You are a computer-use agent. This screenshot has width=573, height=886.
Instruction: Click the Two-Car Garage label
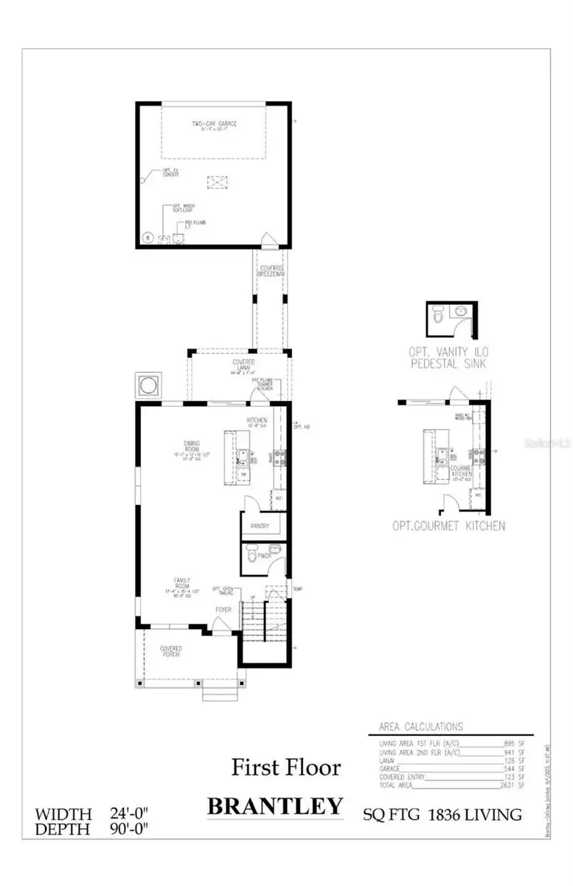[215, 124]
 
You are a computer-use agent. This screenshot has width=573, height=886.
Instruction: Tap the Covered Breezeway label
[271, 271]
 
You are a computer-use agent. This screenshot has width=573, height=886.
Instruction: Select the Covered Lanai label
[243, 363]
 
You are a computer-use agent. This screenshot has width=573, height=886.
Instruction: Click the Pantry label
[259, 526]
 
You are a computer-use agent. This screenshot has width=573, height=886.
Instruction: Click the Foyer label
[223, 610]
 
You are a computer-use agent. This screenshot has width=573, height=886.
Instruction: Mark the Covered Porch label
[171, 651]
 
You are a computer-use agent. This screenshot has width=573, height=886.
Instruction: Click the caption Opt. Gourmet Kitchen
[449, 526]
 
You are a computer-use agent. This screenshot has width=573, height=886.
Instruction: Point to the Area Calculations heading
[420, 727]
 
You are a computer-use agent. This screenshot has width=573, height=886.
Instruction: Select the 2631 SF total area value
[515, 786]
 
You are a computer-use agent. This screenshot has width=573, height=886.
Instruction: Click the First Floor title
[286, 767]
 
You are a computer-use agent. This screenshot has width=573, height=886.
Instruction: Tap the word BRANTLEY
[275, 806]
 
